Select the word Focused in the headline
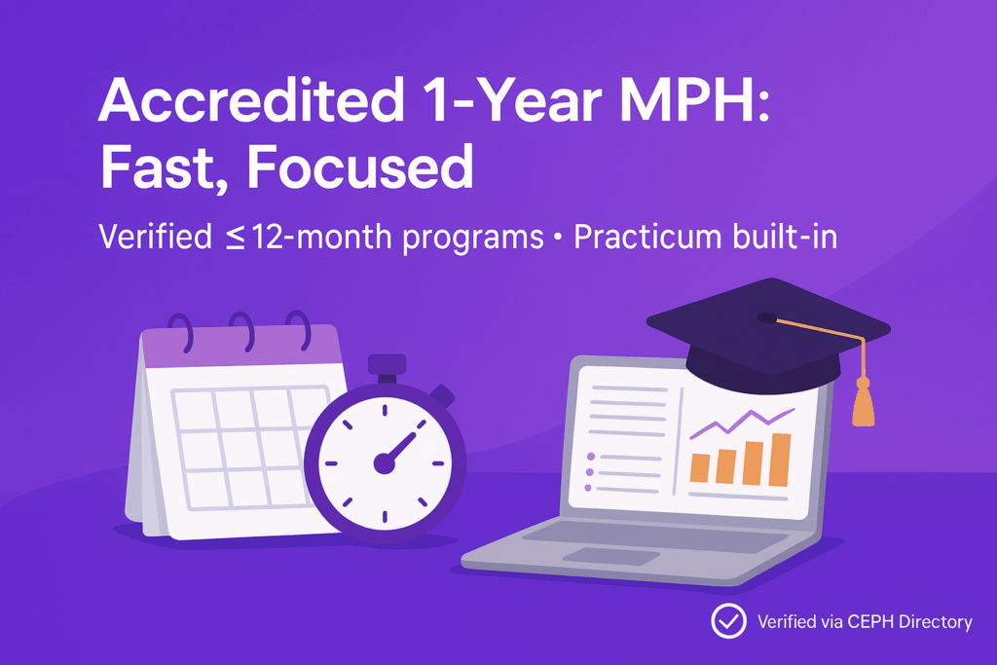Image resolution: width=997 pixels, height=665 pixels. tap(359, 167)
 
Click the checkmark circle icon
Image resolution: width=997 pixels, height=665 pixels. tap(727, 620)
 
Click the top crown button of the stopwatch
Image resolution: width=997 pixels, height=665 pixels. tap(387, 366)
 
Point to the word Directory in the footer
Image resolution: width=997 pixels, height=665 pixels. tap(936, 621)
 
